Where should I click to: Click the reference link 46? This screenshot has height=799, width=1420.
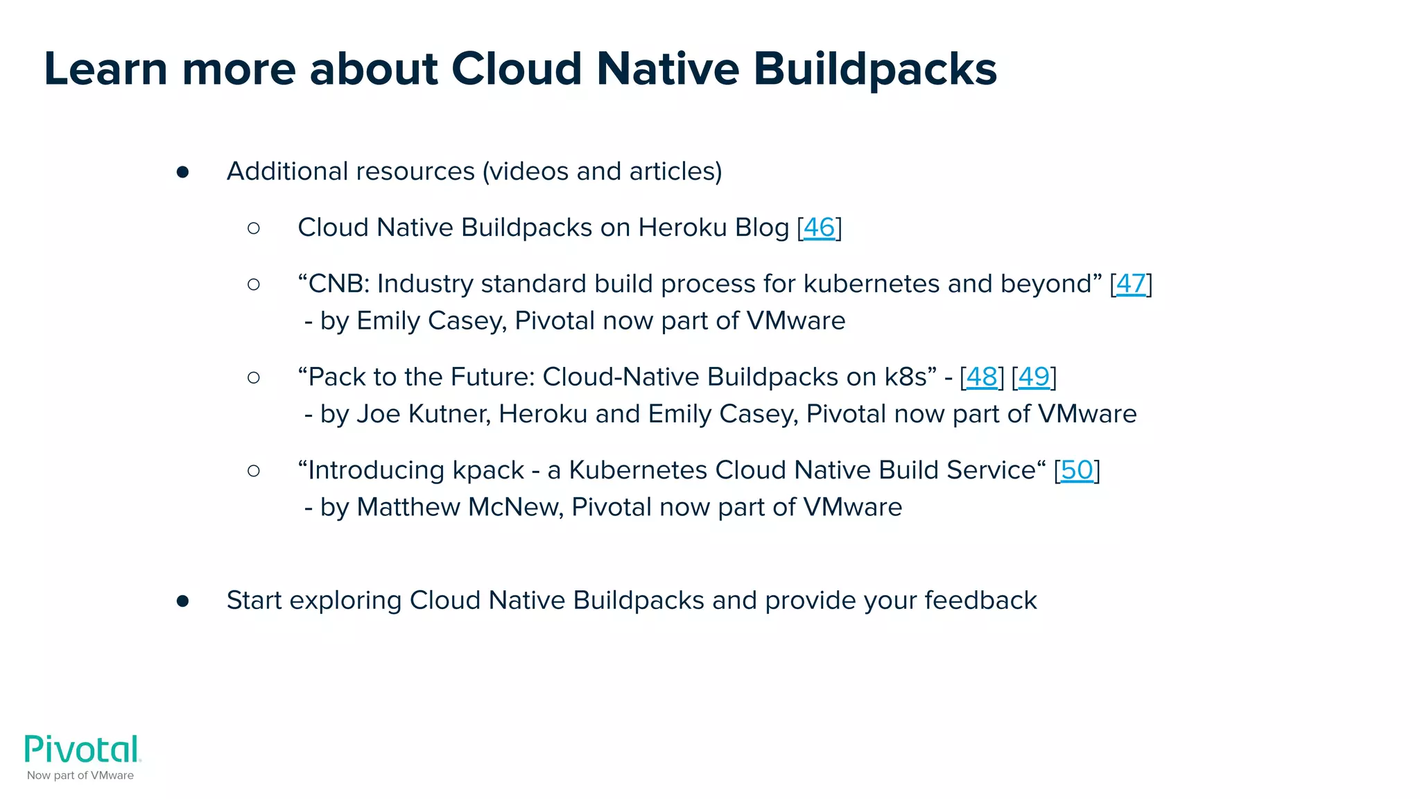point(819,227)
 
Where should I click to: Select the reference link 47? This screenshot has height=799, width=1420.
point(1131,284)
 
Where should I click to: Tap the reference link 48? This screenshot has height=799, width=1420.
point(982,377)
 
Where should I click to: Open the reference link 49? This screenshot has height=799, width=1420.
point(1034,377)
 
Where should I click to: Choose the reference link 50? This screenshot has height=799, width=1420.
point(1077,470)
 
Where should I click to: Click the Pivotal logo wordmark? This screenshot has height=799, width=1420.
point(83,750)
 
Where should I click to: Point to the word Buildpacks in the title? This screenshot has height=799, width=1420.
point(875,69)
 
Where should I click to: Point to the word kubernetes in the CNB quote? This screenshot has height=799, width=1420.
point(872,284)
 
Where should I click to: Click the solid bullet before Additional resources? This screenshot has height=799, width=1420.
point(182,172)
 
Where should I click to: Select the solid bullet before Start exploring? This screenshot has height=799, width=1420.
point(182,601)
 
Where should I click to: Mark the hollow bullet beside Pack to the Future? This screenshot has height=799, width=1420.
point(254,377)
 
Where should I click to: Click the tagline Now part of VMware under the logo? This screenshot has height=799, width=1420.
point(80,775)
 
